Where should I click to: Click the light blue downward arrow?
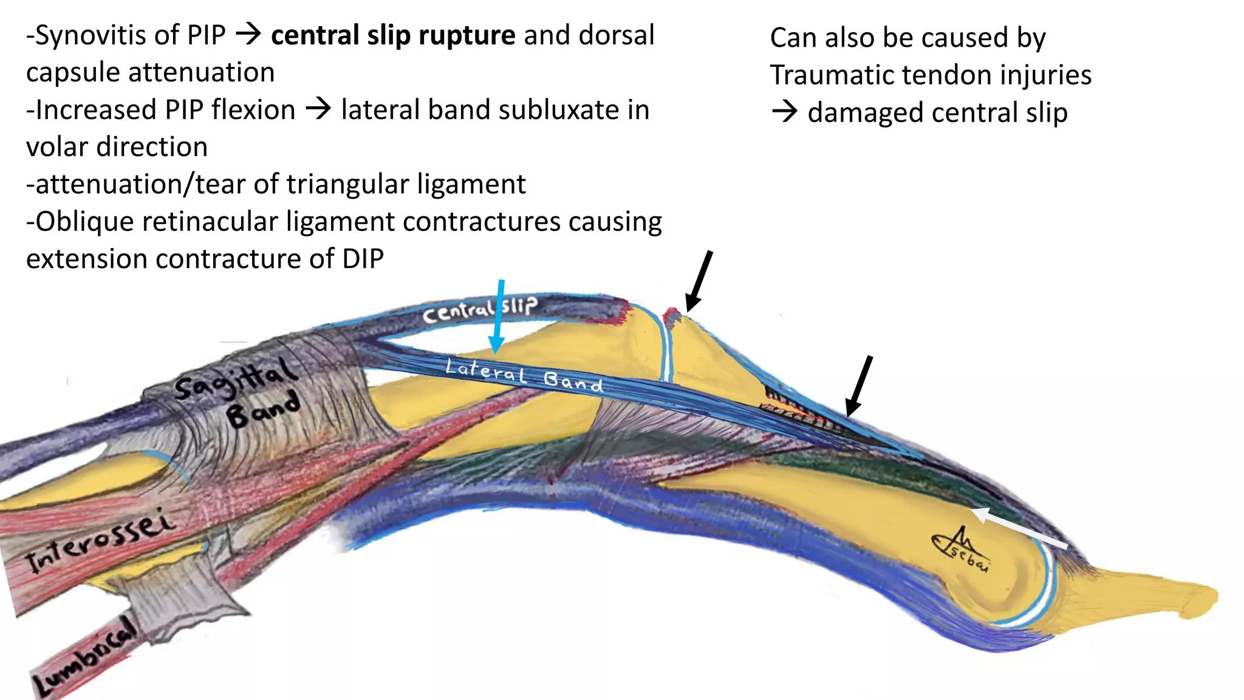tap(499, 316)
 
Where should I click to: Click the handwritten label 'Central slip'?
tap(480, 309)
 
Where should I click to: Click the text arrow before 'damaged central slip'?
tap(784, 112)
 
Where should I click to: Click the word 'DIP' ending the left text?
tap(363, 259)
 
